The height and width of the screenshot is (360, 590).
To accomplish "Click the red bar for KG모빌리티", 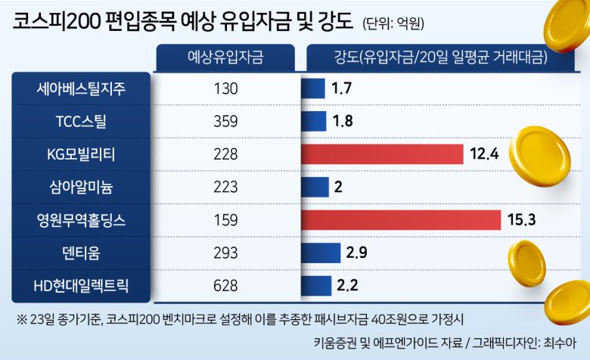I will (382, 154).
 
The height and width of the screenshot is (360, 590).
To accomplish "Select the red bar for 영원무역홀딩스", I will (401, 220).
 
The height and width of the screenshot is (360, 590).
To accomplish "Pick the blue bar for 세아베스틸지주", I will (313, 88).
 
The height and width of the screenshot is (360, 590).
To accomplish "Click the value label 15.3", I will (521, 220).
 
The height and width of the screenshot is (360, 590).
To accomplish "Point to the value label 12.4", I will (483, 154).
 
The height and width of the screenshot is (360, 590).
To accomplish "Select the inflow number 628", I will (226, 286).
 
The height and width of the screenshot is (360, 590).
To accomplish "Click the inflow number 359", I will (226, 121).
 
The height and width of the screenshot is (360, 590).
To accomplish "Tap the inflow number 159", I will (226, 220).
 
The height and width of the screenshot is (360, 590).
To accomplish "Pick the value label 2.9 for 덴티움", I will (356, 253).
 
